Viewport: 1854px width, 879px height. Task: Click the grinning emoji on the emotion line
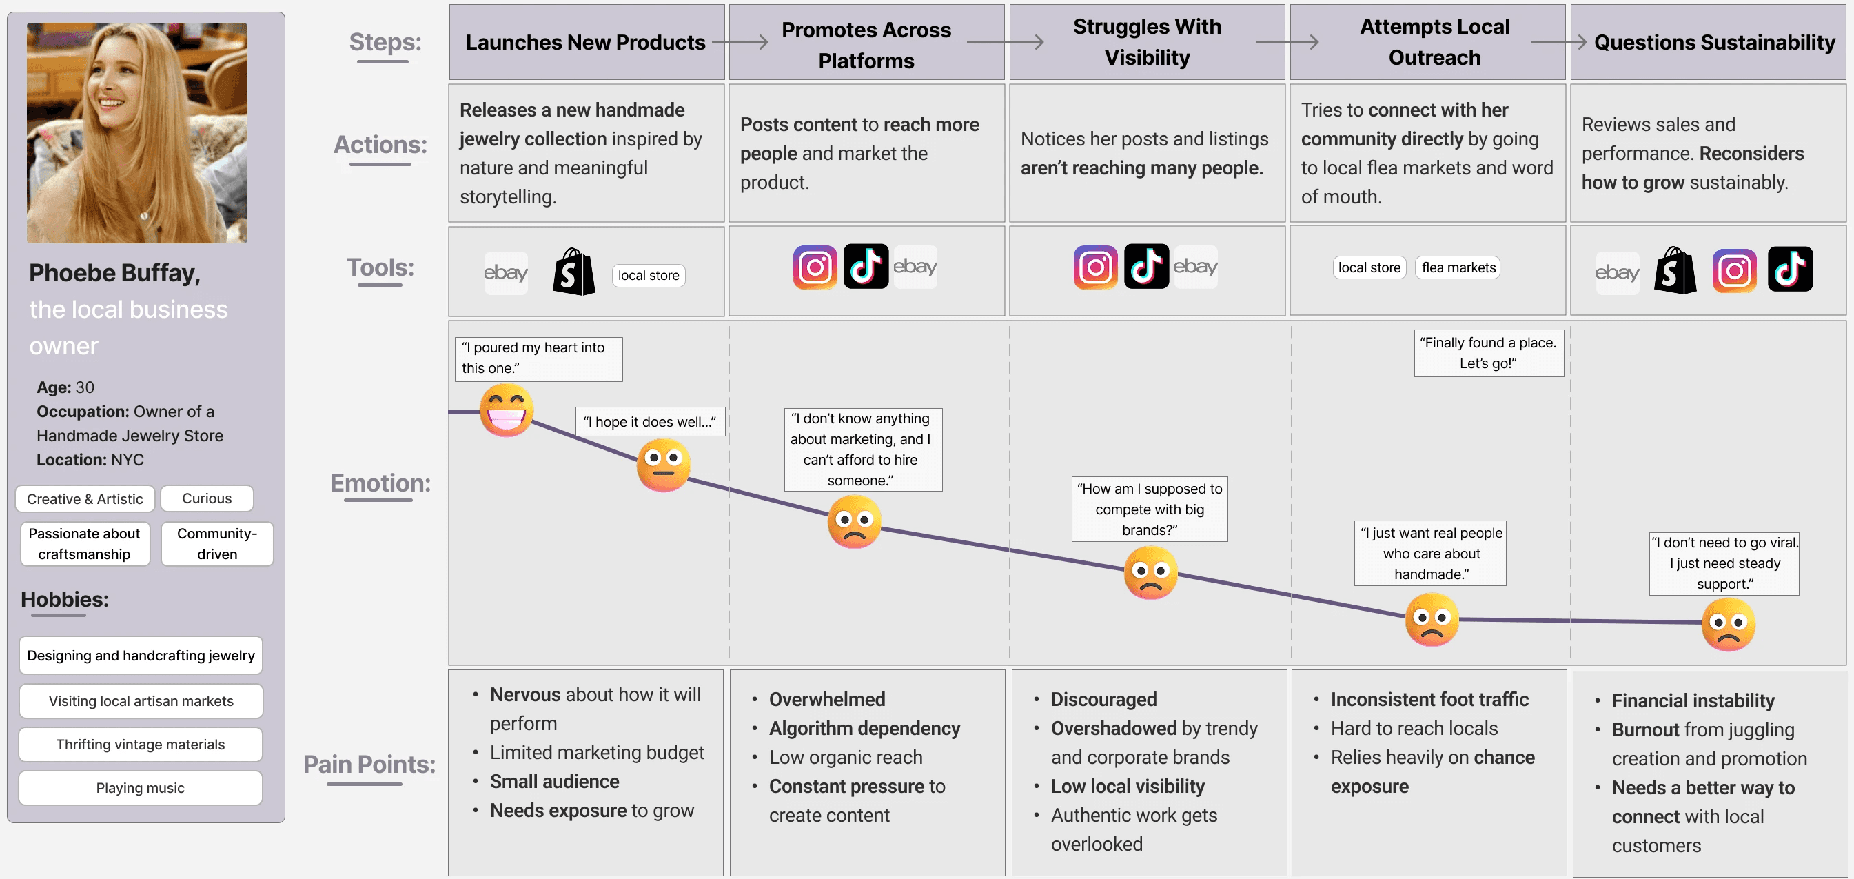coord(506,410)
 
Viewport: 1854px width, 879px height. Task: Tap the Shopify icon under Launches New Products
coord(573,272)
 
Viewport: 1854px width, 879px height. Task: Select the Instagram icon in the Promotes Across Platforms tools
coord(815,267)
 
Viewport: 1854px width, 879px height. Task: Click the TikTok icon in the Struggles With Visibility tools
coord(1145,267)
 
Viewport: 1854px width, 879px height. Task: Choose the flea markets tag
coord(1458,267)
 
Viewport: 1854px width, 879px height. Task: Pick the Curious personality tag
coord(207,498)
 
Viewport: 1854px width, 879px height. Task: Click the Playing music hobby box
coord(141,787)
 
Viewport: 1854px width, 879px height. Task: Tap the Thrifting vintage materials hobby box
coord(141,745)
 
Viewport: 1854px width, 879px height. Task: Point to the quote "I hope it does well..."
coord(649,422)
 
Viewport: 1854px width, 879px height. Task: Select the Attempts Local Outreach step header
coord(1434,42)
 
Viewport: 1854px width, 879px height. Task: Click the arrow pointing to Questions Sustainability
coord(1559,42)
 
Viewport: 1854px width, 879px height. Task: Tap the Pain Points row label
coord(369,764)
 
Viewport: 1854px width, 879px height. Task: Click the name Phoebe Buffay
coord(114,273)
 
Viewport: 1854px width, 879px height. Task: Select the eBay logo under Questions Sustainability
coord(1616,273)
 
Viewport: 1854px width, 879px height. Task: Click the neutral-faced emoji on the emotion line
coord(663,465)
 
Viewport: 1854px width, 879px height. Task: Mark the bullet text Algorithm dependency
coord(864,729)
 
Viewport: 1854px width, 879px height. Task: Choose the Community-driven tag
coord(216,543)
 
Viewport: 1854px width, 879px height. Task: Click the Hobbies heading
coord(65,599)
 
